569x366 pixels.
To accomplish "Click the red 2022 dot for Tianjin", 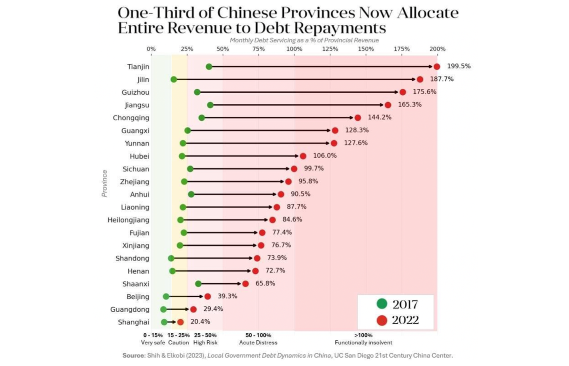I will pyautogui.click(x=437, y=67).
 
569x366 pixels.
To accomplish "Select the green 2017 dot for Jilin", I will pyautogui.click(x=174, y=80).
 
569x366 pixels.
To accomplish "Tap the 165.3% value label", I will pyautogui.click(x=410, y=105).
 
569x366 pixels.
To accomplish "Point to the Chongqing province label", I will pyautogui.click(x=131, y=118).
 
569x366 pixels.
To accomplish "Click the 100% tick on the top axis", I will pyautogui.click(x=294, y=49).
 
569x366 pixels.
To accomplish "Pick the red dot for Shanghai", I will pyautogui.click(x=181, y=322).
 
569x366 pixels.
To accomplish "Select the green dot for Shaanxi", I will pyautogui.click(x=198, y=284).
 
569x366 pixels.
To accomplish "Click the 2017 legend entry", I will pyautogui.click(x=398, y=304).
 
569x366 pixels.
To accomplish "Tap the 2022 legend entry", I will pyautogui.click(x=398, y=320).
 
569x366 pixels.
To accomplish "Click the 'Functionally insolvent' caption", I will pyautogui.click(x=363, y=342).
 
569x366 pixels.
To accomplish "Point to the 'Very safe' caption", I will pyautogui.click(x=153, y=342).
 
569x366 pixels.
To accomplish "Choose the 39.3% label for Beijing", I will pyautogui.click(x=227, y=296).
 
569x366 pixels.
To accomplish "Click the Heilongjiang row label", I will pyautogui.click(x=128, y=220).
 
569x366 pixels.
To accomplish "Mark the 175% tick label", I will pyautogui.click(x=402, y=49).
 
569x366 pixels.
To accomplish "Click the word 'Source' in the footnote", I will pyautogui.click(x=133, y=355).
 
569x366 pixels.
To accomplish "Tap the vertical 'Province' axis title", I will pyautogui.click(x=105, y=183).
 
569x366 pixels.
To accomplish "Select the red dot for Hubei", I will pyautogui.click(x=303, y=156).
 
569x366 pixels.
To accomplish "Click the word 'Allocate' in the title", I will pyautogui.click(x=428, y=13).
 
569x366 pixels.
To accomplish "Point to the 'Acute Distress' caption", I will pyautogui.click(x=258, y=342).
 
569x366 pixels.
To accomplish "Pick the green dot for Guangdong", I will pyautogui.click(x=163, y=309).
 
